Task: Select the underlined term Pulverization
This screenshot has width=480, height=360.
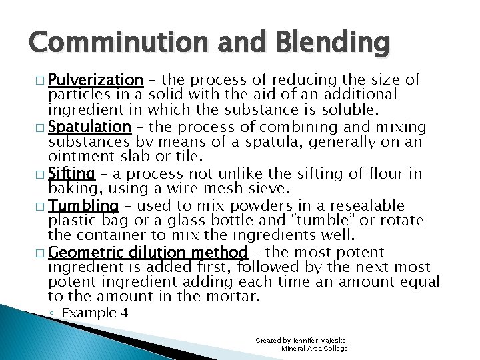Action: point(96,81)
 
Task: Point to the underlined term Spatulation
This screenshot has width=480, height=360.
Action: point(90,127)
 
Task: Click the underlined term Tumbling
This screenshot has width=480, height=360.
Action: point(84,205)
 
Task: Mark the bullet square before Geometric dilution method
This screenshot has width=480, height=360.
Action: point(42,253)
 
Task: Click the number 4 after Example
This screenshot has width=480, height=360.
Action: point(124,313)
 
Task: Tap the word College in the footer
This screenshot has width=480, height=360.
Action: point(333,348)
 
